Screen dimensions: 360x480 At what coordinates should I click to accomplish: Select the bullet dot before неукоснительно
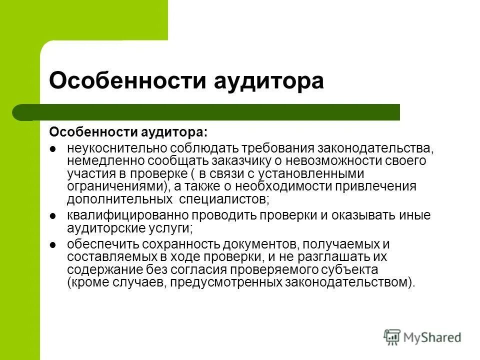pyautogui.click(x=53, y=149)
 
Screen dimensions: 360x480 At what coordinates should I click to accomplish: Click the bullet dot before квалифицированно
pyautogui.click(x=53, y=216)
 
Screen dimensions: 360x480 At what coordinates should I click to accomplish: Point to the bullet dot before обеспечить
pyautogui.click(x=53, y=244)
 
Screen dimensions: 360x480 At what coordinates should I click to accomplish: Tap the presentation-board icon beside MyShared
pyautogui.click(x=393, y=337)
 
